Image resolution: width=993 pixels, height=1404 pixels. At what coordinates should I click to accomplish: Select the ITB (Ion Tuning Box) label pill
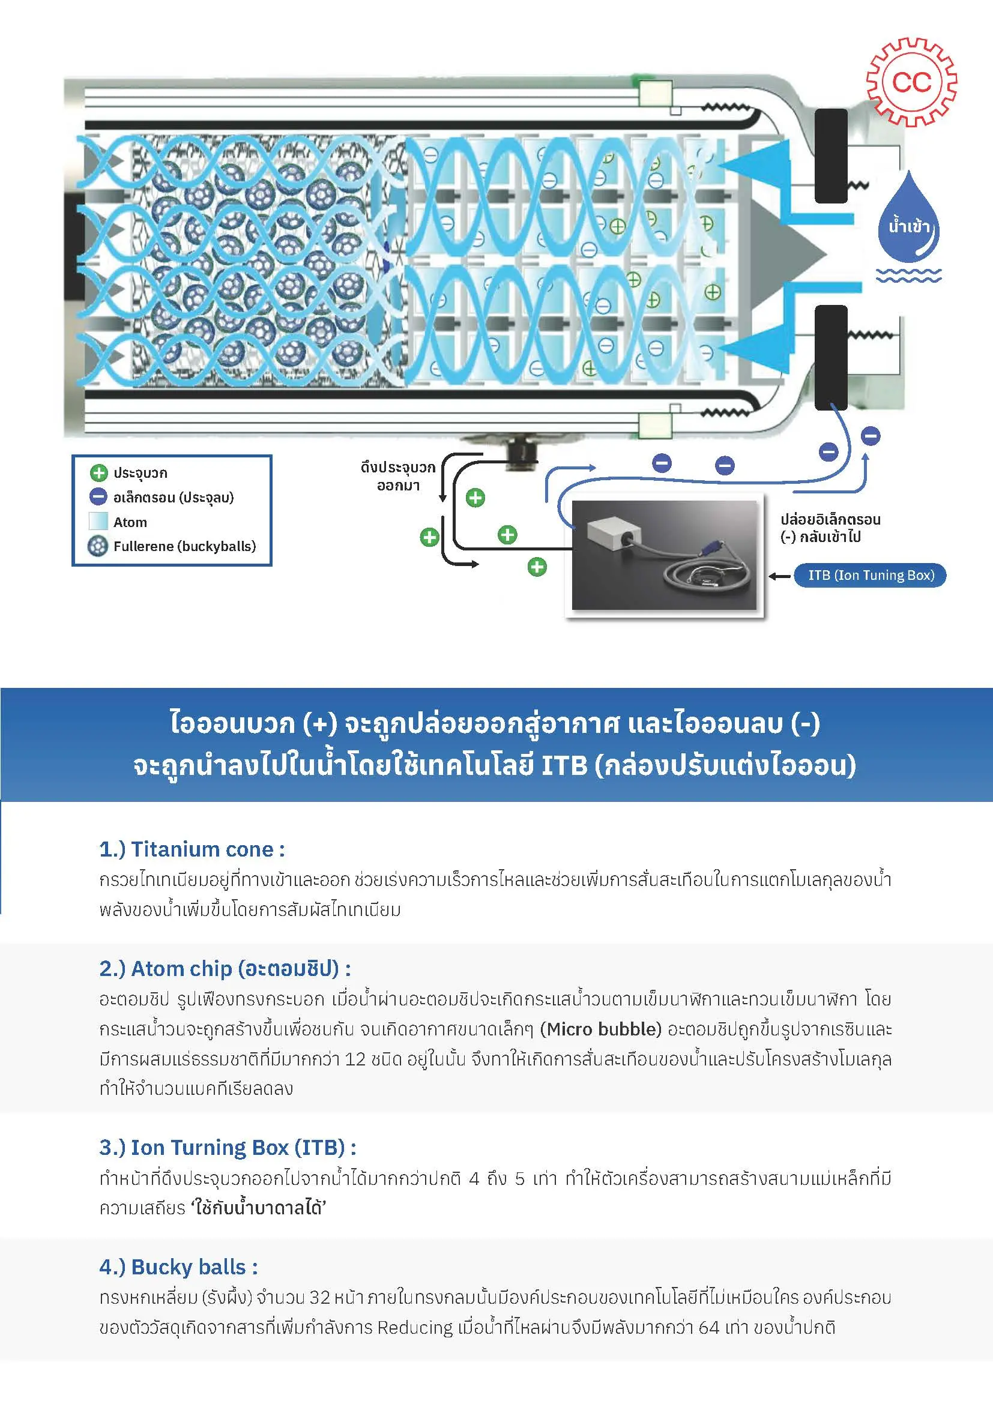click(869, 575)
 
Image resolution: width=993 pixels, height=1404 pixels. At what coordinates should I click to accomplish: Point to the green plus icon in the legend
click(98, 472)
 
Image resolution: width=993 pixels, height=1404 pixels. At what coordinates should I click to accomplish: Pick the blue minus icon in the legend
click(98, 496)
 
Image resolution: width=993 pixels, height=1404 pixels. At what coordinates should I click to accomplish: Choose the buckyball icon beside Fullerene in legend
click(98, 546)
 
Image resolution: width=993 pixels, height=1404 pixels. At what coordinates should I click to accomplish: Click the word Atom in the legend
click(130, 522)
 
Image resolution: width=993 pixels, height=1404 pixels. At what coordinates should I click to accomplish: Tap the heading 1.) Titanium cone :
click(192, 849)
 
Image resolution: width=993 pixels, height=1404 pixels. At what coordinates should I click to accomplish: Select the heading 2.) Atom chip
click(225, 969)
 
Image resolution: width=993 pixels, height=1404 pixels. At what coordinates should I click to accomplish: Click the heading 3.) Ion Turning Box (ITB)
click(228, 1148)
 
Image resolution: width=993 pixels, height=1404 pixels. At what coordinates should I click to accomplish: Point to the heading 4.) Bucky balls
click(178, 1267)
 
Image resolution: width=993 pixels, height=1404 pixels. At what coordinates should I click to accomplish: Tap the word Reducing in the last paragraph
click(415, 1328)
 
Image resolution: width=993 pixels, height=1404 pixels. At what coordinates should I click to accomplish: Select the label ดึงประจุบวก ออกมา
click(398, 477)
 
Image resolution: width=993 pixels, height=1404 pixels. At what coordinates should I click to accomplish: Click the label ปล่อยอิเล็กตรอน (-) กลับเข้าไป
click(830, 528)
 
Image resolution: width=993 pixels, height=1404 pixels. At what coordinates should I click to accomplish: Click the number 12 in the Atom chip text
click(355, 1059)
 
